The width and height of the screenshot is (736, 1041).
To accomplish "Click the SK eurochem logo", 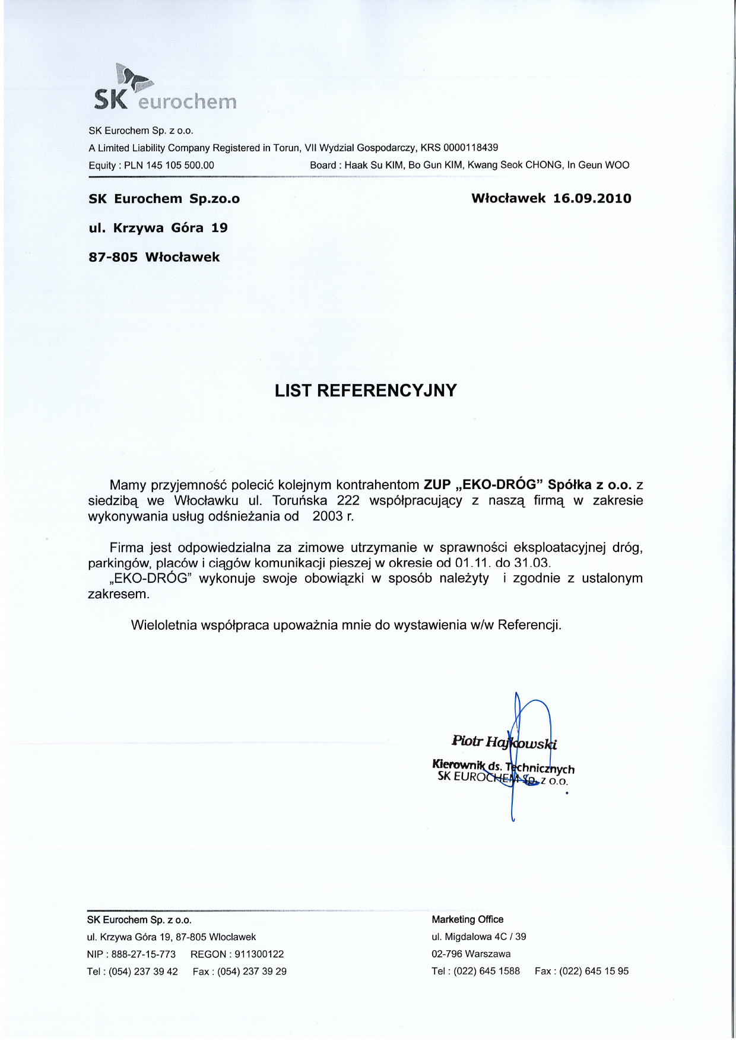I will (x=165, y=89).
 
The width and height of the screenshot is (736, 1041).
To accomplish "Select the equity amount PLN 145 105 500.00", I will (x=169, y=166).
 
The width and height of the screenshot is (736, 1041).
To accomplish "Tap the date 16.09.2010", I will (x=592, y=199).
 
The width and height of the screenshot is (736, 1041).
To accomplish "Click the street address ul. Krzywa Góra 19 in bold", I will (x=158, y=228).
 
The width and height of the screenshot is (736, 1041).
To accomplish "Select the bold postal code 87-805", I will (x=113, y=258).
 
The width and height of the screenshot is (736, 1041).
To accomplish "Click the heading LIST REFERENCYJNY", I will (x=366, y=391).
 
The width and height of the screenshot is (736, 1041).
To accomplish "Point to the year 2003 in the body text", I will (x=328, y=516).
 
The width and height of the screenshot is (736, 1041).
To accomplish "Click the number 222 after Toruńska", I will (x=348, y=500).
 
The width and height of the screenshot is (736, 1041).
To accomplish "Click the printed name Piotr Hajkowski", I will (x=504, y=742).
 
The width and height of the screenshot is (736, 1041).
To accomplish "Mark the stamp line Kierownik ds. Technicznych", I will (x=503, y=766).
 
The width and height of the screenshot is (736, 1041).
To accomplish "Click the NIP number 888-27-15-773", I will (x=144, y=954).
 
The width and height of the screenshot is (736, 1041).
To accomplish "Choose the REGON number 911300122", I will (x=259, y=954).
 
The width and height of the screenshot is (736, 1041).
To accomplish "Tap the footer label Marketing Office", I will (x=468, y=920).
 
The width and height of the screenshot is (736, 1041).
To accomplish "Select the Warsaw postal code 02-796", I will (x=446, y=954).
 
